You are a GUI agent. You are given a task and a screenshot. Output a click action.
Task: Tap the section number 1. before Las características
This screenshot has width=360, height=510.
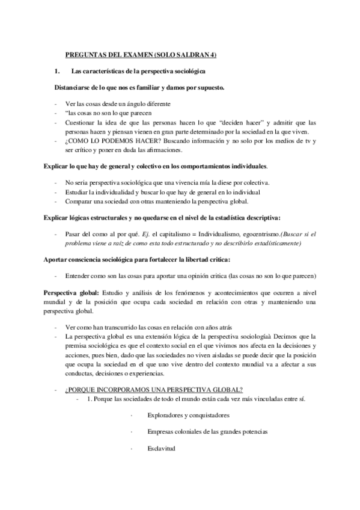coord(57,72)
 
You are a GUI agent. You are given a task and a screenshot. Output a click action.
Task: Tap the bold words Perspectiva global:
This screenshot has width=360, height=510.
coord(65,292)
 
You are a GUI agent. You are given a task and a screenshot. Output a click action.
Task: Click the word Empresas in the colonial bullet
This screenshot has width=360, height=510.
coord(160,432)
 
